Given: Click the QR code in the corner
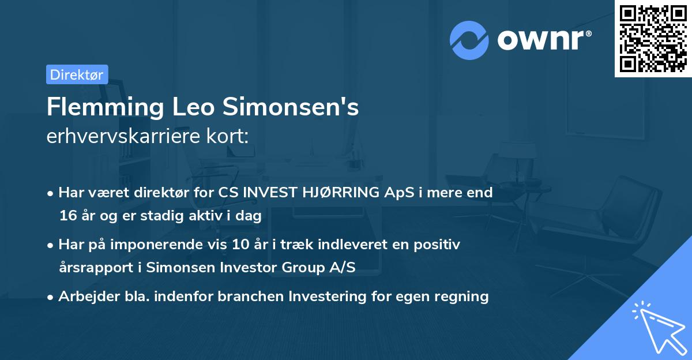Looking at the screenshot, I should (653, 38).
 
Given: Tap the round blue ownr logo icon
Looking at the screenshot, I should (469, 40).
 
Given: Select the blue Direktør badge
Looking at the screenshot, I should (77, 74).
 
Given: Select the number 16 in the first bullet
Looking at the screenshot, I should (67, 216).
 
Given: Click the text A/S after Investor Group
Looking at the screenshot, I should (343, 268).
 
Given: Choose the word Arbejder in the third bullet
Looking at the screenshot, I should (84, 297).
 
